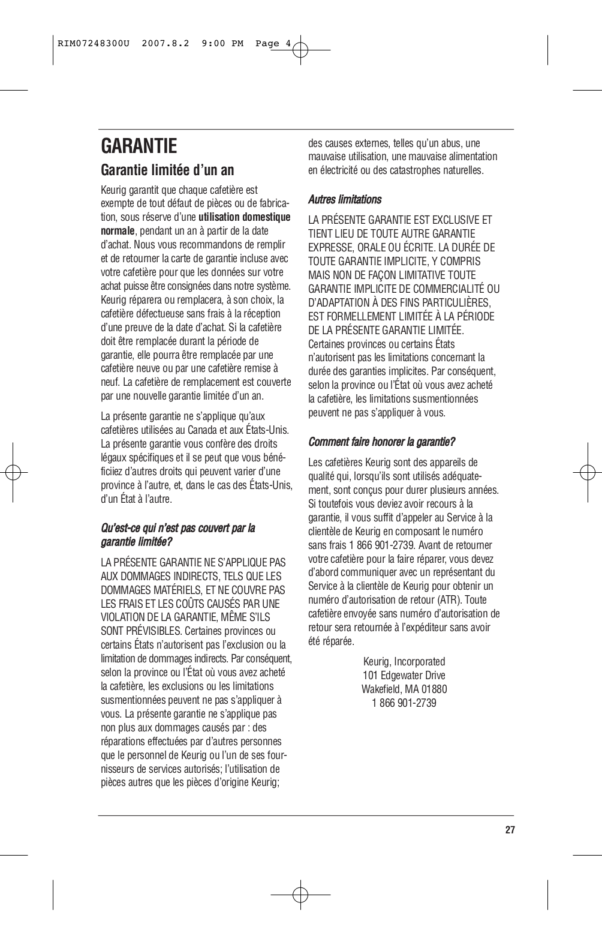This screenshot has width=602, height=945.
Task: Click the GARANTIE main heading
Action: tap(139, 146)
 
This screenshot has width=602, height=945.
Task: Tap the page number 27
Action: tap(510, 830)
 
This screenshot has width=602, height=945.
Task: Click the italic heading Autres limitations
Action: tap(344, 199)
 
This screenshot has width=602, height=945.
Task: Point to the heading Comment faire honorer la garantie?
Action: tap(381, 442)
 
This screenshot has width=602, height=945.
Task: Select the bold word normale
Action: tap(118, 231)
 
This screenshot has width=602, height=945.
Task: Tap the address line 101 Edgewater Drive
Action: tap(404, 675)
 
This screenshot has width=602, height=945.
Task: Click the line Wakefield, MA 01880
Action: tap(404, 689)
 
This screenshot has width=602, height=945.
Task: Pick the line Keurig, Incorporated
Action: tap(404, 661)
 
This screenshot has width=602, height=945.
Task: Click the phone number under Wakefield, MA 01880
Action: tap(404, 703)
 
